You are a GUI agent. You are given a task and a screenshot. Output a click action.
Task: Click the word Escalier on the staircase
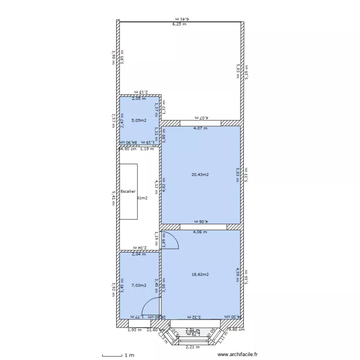click(x=128, y=192)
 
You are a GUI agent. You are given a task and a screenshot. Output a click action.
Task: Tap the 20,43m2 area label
click(x=200, y=175)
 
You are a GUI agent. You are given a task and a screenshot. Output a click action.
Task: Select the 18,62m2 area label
click(x=200, y=275)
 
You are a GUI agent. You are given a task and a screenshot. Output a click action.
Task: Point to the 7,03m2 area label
click(x=139, y=285)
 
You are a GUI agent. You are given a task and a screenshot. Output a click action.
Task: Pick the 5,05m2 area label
click(x=139, y=120)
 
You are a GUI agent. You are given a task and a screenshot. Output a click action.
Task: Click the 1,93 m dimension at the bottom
click(x=134, y=330)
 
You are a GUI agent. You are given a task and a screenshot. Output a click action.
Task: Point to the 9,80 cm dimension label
click(x=236, y=330)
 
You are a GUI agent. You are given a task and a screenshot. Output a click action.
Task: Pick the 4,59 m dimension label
click(x=237, y=275)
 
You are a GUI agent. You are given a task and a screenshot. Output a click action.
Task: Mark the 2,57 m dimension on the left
click(x=113, y=120)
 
